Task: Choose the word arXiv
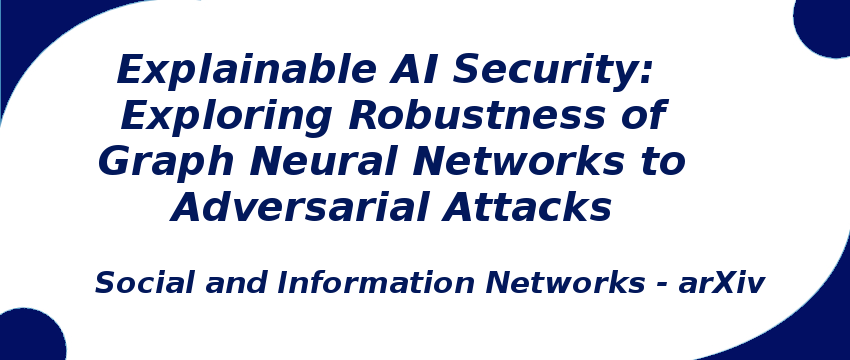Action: pyautogui.click(x=721, y=283)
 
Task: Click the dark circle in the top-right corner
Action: pyautogui.click(x=825, y=22)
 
